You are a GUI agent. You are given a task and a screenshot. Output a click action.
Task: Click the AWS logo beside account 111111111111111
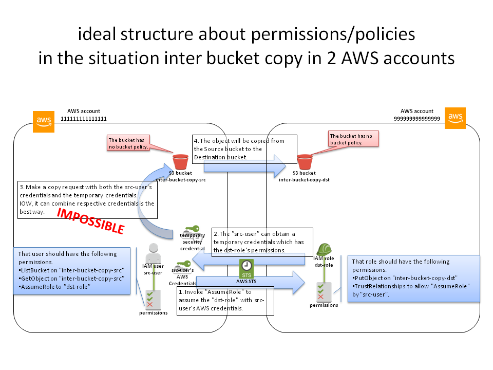[44, 122]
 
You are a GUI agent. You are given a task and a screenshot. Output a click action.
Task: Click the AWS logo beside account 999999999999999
[455, 118]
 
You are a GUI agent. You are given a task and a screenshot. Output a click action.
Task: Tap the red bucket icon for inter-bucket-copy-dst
[305, 161]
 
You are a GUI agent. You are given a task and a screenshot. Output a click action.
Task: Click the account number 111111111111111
[83, 118]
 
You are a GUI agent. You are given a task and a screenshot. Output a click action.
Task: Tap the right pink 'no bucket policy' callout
[353, 139]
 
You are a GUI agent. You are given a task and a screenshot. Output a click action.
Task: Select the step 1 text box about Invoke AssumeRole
[225, 301]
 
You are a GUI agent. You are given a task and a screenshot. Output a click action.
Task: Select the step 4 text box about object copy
[245, 149]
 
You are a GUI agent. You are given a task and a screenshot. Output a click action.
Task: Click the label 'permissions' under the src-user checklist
[153, 312]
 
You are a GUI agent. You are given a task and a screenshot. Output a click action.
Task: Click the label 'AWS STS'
[246, 282]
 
